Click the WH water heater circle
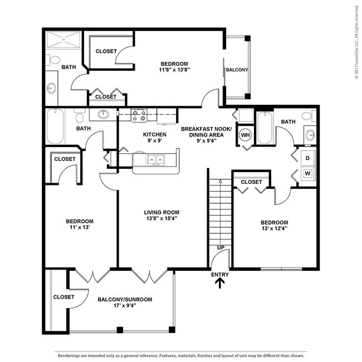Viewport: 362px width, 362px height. coord(245,134)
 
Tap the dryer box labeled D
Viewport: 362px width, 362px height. coord(308,158)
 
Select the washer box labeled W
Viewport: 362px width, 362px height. coord(308,173)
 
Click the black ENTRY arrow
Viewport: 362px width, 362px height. coord(220,283)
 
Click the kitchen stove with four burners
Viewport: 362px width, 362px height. coord(138,115)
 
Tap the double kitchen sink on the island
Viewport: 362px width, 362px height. coord(155,160)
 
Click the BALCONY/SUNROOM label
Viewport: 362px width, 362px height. coord(125,299)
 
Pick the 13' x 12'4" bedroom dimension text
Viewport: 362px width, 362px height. coord(275,228)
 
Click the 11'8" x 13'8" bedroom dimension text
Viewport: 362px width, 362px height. coord(174,70)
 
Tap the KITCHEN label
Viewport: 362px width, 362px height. coord(154,134)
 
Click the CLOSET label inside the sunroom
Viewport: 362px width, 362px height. coord(63,297)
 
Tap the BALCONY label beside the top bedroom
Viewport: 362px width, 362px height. coord(236,70)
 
